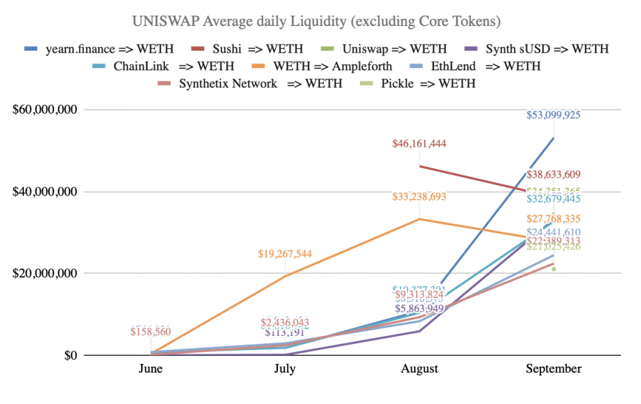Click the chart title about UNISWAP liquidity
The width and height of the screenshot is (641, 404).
point(316,21)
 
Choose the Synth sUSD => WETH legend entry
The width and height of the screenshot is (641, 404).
point(547,49)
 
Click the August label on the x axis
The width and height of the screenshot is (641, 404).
point(419,369)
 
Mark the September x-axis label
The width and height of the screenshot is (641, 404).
point(554,369)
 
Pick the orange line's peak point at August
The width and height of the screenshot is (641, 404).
point(419,219)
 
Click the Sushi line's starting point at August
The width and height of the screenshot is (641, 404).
point(419,166)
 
